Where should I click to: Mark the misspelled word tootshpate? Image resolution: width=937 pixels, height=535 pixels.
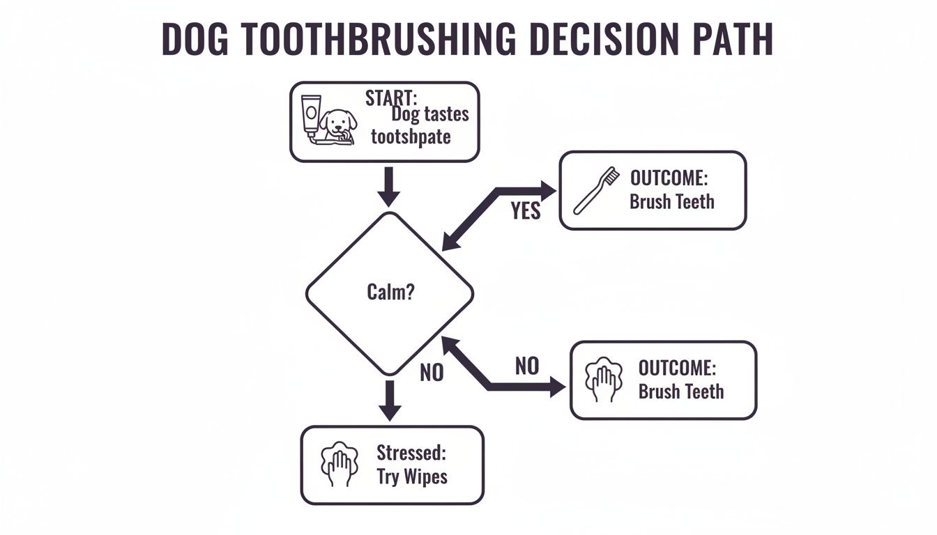pos(411,136)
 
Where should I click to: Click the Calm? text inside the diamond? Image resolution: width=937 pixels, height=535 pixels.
pos(390,293)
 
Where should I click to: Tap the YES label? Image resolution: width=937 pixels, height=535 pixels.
pos(526,210)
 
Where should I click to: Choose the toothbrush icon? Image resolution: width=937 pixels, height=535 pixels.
pos(597,189)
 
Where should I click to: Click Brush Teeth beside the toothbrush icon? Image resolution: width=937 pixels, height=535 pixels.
pos(671,202)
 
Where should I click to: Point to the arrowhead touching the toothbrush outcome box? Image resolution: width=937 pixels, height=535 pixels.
pos(549,189)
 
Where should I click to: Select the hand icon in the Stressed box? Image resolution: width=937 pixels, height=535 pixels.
pos(339,463)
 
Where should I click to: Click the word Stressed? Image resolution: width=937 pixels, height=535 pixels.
pos(411,453)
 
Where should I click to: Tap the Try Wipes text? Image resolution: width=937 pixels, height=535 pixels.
pos(412,477)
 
